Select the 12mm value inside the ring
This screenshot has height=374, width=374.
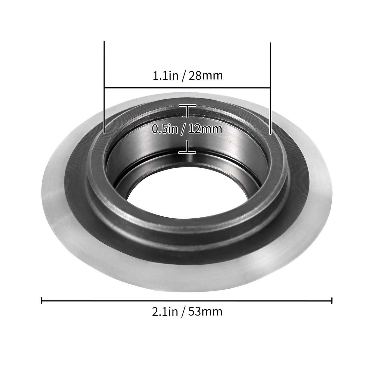pyautogui.click(x=205, y=129)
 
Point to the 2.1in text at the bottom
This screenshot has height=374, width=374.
pyautogui.click(x=165, y=312)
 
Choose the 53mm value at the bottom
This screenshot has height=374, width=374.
pyautogui.click(x=206, y=312)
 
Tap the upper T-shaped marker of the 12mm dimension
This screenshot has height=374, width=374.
pyautogui.click(x=187, y=109)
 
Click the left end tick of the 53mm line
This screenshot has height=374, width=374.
pyautogui.click(x=42, y=300)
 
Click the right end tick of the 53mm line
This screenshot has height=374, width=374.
pyautogui.click(x=332, y=300)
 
